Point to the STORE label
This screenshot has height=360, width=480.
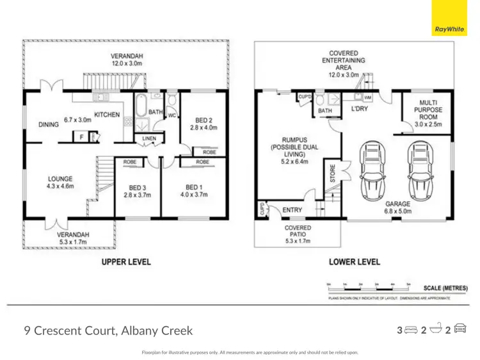tap(333, 174)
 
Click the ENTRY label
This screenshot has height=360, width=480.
tap(292, 209)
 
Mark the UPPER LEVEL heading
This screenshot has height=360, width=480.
tap(126, 262)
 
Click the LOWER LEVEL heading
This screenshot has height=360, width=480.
tap(355, 262)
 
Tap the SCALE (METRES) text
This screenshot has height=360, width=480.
tap(445, 288)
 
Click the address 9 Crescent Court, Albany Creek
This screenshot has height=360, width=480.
tap(108, 331)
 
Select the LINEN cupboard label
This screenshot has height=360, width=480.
tap(148, 138)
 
